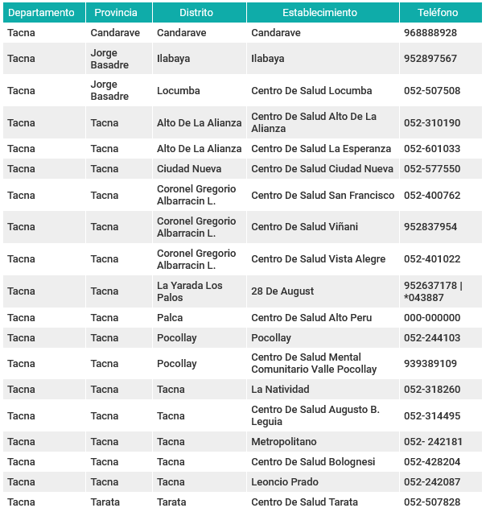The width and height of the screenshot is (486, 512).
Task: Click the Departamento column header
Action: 45,13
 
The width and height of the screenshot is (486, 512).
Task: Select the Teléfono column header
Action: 439,13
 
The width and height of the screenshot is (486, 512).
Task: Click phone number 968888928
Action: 430,33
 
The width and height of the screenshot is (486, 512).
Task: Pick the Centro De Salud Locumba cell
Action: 311,91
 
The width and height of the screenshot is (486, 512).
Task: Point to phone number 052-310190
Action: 432,123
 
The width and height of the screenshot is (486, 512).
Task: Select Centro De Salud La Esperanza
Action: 321,149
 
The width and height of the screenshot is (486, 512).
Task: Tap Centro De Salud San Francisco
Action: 323,196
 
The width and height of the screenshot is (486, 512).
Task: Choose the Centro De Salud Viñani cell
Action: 304,227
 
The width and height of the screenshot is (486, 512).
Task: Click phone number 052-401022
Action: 432,259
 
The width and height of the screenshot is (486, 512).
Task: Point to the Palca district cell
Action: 170,318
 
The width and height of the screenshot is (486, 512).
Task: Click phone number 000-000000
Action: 432,318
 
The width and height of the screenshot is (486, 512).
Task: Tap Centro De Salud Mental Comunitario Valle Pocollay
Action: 314,364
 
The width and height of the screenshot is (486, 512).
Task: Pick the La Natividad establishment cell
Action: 280,390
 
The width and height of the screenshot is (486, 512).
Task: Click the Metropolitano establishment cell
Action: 284,442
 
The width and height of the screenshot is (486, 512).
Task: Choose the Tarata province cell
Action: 105,502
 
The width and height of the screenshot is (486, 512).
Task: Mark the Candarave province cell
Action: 115,33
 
